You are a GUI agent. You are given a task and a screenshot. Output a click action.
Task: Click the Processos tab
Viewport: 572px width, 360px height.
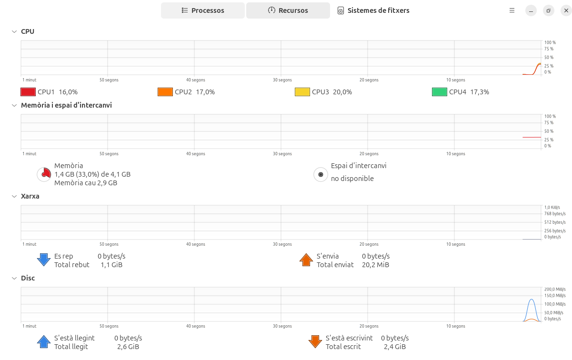coord(203,10)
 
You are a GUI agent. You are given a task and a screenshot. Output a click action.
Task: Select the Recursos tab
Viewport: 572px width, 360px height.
coord(288,10)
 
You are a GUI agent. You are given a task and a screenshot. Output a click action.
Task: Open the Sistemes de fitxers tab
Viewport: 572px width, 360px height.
coord(373,10)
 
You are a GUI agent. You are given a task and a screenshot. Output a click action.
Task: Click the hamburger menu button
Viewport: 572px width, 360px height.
coord(512,10)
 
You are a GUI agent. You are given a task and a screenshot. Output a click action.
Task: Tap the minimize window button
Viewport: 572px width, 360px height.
coord(531,10)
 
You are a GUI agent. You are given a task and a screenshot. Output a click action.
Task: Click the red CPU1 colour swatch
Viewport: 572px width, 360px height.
coord(28,92)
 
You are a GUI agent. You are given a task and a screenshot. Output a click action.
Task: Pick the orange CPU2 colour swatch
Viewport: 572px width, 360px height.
coord(165,92)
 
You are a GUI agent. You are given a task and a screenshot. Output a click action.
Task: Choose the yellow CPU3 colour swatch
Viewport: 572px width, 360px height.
coord(302,92)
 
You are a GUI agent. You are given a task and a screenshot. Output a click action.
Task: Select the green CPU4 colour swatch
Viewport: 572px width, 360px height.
coord(440,92)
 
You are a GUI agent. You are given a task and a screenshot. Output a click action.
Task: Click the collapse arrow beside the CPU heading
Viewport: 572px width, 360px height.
coord(14,31)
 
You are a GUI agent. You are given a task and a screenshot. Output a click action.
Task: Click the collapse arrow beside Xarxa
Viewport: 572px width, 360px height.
coord(14,196)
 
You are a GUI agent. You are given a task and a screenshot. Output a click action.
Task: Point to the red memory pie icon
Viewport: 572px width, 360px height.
coord(44,174)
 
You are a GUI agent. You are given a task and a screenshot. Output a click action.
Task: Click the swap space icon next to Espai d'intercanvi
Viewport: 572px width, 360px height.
coord(321,174)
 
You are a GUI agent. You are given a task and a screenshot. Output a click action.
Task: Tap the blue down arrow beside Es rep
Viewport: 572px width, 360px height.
coord(44,260)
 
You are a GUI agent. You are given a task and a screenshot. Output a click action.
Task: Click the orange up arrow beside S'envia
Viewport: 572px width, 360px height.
coord(306,260)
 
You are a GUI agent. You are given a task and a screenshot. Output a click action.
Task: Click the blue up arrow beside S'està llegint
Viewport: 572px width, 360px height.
coord(44,341)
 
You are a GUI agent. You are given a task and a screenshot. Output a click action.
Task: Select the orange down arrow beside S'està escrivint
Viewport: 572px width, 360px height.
coord(315,341)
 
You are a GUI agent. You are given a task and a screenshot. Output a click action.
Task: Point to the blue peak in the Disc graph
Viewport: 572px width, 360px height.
coord(532,300)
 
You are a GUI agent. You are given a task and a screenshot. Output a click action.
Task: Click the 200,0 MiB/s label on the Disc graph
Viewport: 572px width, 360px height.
coord(555,289)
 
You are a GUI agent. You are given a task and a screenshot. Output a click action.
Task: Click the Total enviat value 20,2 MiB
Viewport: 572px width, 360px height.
coord(375,265)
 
